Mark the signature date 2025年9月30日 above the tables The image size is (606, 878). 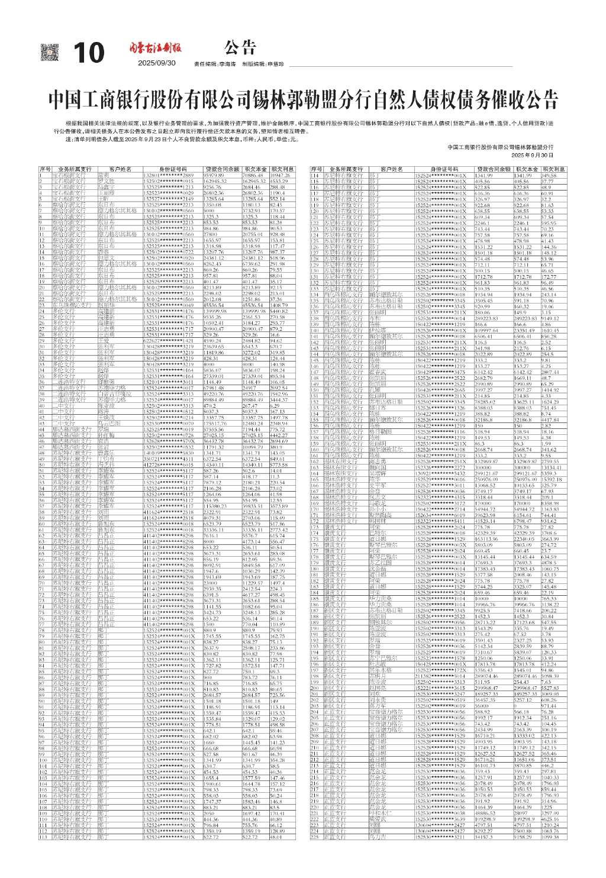[x=531, y=154]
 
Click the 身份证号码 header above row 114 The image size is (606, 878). [x=443, y=170]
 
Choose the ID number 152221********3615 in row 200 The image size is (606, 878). [x=440, y=689]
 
